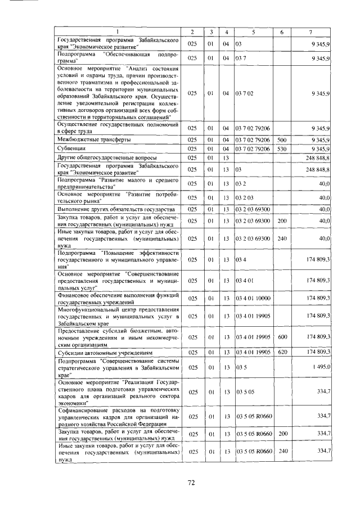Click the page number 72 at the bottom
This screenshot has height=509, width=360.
(191, 483)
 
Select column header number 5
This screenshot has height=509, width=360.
(253, 31)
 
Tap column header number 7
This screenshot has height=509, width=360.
(310, 31)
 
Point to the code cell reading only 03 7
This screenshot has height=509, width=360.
(240, 58)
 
